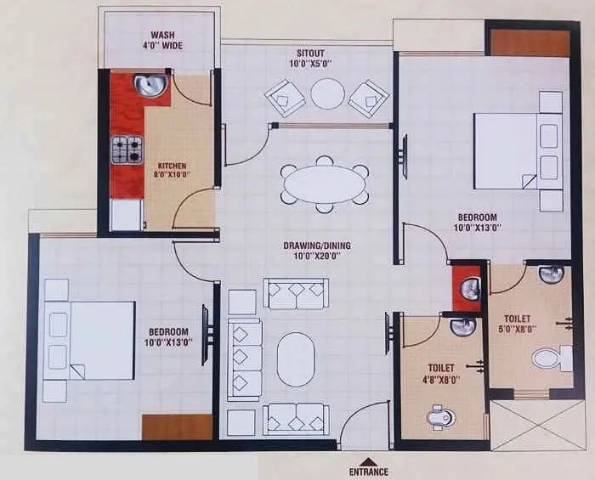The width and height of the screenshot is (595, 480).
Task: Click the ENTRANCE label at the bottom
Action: pos(368,471)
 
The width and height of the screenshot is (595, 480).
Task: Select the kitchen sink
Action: pos(150,85)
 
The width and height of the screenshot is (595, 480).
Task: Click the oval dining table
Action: pos(324,184)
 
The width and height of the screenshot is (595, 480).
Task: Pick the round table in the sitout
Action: pos(327,93)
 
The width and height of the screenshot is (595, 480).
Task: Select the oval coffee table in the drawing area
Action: pos(296,359)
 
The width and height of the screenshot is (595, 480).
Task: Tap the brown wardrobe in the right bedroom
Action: pos(530,43)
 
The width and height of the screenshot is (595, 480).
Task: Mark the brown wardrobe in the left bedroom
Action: pos(177,426)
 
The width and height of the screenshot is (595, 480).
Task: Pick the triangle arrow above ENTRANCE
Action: pos(368,460)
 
